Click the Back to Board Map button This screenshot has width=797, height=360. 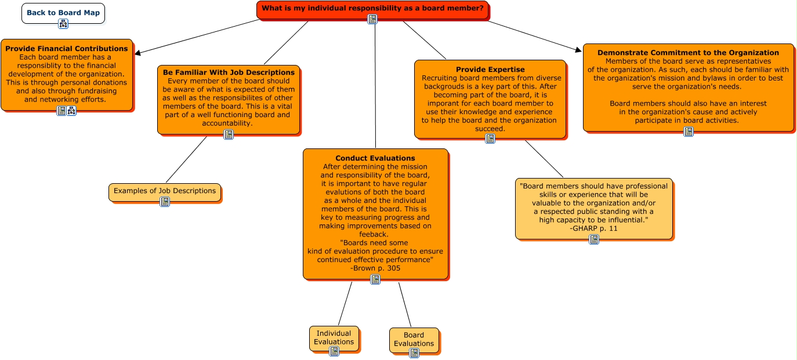(x=63, y=13)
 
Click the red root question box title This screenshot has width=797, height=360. (x=372, y=8)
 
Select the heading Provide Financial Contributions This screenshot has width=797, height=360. (x=67, y=49)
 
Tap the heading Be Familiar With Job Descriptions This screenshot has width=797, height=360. (x=229, y=72)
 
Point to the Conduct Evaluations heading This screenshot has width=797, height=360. (x=375, y=158)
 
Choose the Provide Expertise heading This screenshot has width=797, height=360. (x=490, y=70)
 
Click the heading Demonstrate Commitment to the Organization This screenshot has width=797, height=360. (x=688, y=53)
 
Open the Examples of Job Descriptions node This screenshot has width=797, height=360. (x=165, y=191)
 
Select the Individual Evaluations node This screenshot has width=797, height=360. (x=334, y=337)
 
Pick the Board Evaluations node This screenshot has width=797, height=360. (x=414, y=339)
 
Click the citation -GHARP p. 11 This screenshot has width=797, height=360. (x=594, y=228)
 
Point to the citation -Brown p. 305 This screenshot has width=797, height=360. (x=375, y=268)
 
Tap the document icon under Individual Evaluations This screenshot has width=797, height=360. (x=334, y=351)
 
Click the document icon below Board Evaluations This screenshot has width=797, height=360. (x=414, y=353)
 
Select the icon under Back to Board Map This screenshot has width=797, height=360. (x=63, y=24)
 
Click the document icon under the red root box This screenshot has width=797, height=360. (x=372, y=19)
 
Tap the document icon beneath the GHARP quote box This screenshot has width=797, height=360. (x=594, y=239)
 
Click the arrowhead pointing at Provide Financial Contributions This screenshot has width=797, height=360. (x=137, y=53)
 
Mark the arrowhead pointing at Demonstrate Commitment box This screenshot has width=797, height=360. (x=578, y=50)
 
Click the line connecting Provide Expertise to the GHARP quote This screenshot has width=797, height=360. (x=544, y=158)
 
